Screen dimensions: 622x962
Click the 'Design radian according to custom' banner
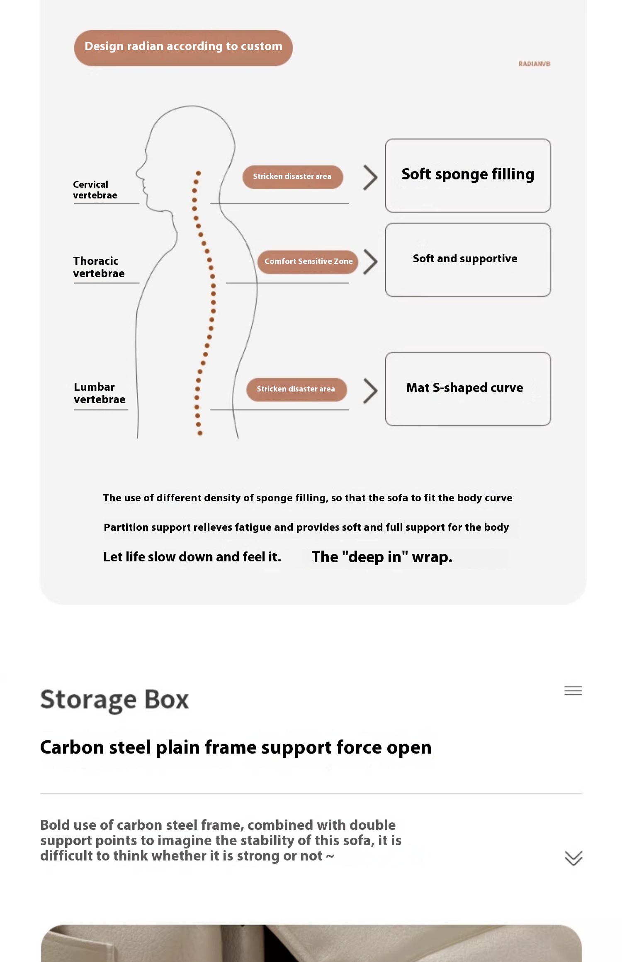click(183, 48)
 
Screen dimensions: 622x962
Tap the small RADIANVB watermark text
click(534, 64)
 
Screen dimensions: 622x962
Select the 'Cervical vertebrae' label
click(95, 190)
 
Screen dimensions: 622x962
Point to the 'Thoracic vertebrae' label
click(99, 267)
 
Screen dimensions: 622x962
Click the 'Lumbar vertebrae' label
click(100, 393)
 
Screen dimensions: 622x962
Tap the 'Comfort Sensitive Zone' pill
click(308, 261)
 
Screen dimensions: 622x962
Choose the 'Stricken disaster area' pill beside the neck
click(292, 177)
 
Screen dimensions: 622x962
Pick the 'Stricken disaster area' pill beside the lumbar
click(296, 389)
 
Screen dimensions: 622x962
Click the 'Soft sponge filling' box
click(468, 176)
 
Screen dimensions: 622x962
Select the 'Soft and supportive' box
click(468, 260)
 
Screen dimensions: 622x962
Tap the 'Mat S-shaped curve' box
click(468, 389)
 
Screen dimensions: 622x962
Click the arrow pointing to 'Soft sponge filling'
click(370, 178)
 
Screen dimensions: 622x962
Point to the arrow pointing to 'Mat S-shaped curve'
click(370, 391)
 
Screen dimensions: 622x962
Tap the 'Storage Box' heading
click(114, 700)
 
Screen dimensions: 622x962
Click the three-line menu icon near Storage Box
click(573, 691)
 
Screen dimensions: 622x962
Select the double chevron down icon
click(573, 858)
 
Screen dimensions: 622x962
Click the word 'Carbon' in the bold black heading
click(72, 747)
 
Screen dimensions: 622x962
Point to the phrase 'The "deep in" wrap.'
click(382, 557)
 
